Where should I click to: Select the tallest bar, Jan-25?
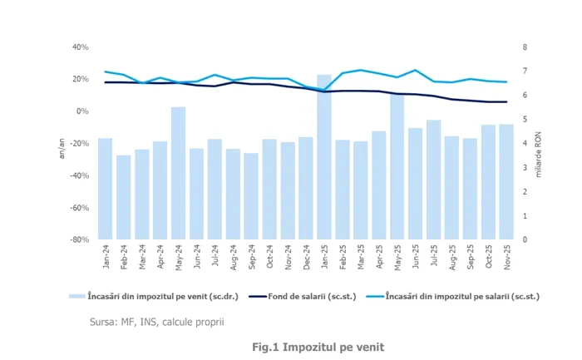[x=324, y=157]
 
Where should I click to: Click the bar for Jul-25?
[x=433, y=180]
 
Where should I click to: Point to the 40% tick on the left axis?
[x=80, y=47]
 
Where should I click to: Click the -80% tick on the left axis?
[x=78, y=239]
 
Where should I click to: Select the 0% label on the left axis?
[x=82, y=111]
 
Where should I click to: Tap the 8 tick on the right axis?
[x=524, y=47]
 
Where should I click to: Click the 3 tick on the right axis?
[x=524, y=168]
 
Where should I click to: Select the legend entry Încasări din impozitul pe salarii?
[x=447, y=294]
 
